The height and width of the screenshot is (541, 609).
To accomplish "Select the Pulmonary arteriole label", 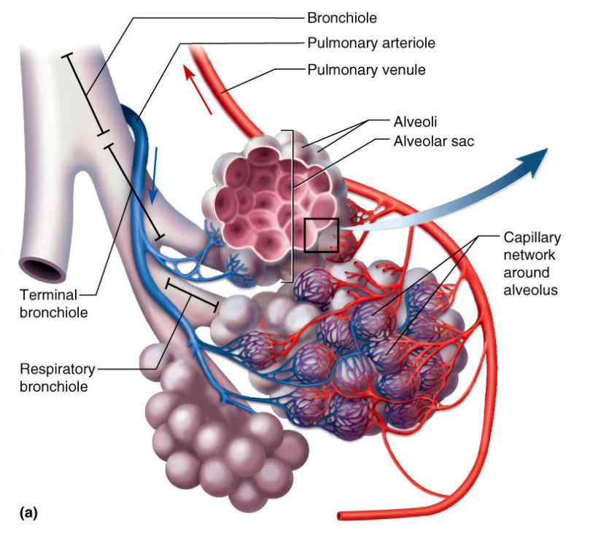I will click(x=371, y=43).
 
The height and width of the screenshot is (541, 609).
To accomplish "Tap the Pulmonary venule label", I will click(x=366, y=71).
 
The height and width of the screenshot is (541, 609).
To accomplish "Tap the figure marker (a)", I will click(x=29, y=513).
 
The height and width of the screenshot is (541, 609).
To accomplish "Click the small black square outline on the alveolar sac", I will click(x=321, y=235).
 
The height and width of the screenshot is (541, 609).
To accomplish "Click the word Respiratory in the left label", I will click(x=54, y=369).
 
